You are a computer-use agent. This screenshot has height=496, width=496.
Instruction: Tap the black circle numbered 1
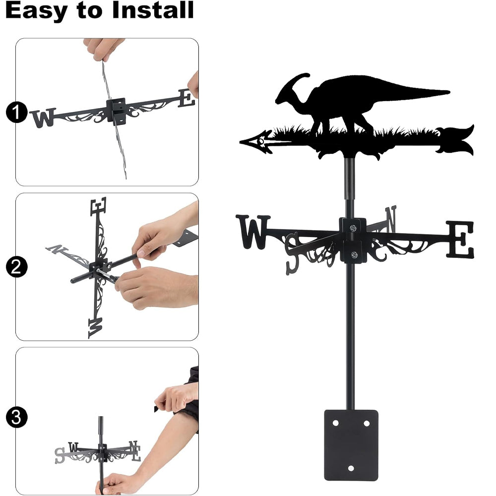17,112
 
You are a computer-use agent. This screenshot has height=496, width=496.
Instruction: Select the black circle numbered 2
17,267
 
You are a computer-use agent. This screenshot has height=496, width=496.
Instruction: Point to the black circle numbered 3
17,417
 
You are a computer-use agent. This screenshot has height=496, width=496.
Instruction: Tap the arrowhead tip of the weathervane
241,142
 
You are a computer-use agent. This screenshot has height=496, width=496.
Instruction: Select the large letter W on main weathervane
253,232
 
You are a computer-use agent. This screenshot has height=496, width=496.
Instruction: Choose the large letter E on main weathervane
460,239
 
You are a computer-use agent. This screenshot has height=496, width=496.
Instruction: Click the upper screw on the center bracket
353,228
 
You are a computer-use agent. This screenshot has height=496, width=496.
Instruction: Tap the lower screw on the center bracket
354,254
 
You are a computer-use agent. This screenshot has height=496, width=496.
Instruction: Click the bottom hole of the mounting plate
351,468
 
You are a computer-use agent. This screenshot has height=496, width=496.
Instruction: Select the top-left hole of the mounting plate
336,423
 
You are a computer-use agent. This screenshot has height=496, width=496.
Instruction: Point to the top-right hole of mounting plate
367,423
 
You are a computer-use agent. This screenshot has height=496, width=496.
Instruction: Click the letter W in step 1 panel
43,118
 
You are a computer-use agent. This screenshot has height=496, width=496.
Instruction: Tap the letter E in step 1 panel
186,98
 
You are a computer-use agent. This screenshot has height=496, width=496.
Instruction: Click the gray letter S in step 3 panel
60,455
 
